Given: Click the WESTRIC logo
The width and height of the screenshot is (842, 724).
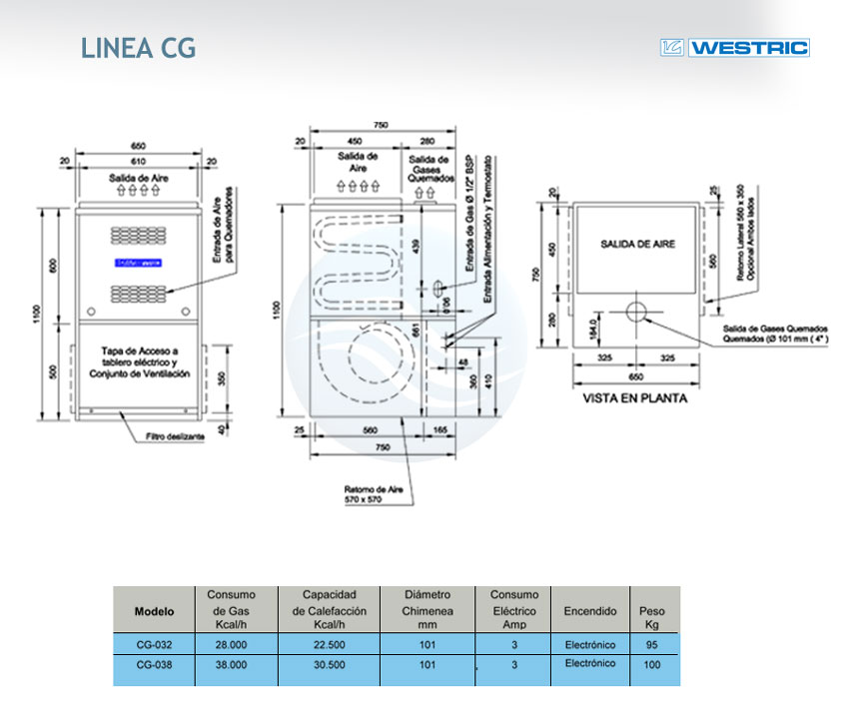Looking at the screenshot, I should click(734, 47).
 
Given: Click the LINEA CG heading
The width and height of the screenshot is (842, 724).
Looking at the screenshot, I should click(138, 48).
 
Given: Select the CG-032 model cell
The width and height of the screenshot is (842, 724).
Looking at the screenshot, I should click(153, 645).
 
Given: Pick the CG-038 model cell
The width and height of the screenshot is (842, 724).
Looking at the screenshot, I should click(153, 664).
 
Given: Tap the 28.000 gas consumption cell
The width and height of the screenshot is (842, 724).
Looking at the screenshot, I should click(231, 645).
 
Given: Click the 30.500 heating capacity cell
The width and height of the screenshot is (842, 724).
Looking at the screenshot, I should click(329, 664).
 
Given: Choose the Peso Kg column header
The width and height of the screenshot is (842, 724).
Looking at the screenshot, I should click(652, 610).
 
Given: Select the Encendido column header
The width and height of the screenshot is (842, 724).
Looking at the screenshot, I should click(589, 610).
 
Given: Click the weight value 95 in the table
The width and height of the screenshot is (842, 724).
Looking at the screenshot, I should click(652, 645).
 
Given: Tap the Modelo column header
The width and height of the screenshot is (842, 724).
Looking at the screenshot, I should click(154, 610).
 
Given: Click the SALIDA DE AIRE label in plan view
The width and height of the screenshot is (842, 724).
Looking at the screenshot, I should click(633, 244).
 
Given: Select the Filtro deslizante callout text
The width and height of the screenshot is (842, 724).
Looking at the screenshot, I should click(175, 436).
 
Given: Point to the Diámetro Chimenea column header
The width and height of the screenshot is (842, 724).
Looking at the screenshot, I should click(427, 610).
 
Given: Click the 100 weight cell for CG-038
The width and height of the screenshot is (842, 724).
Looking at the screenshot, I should click(652, 664).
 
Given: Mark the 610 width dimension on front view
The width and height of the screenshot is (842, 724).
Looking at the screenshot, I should click(140, 160).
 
